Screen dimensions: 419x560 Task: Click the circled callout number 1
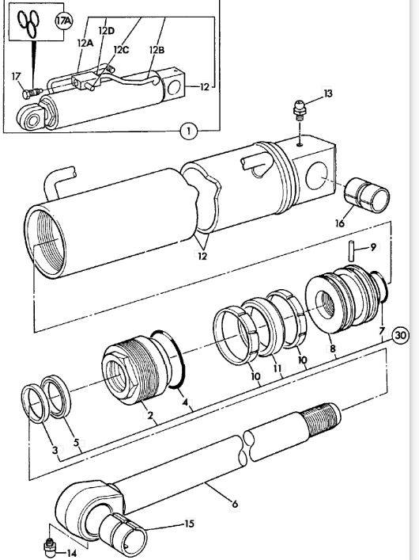click(189, 131)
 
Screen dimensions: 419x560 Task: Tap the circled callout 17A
click(64, 21)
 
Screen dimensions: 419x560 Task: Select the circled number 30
click(401, 336)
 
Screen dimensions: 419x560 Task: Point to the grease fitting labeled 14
click(50, 547)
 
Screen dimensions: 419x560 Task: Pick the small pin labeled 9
click(351, 251)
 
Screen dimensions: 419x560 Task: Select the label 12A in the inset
click(85, 44)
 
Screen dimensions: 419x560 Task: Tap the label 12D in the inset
click(106, 31)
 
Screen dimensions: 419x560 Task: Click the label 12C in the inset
click(121, 49)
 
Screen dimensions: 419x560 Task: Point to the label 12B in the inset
click(157, 50)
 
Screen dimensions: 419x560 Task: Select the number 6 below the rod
click(235, 504)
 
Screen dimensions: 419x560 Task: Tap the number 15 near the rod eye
click(190, 524)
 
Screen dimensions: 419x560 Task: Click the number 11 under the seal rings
click(277, 368)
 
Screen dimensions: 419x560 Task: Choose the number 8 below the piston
click(332, 349)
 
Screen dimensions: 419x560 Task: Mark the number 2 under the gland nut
click(150, 415)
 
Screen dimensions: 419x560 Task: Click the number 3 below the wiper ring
click(55, 450)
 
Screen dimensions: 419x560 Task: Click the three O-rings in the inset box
click(29, 22)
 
